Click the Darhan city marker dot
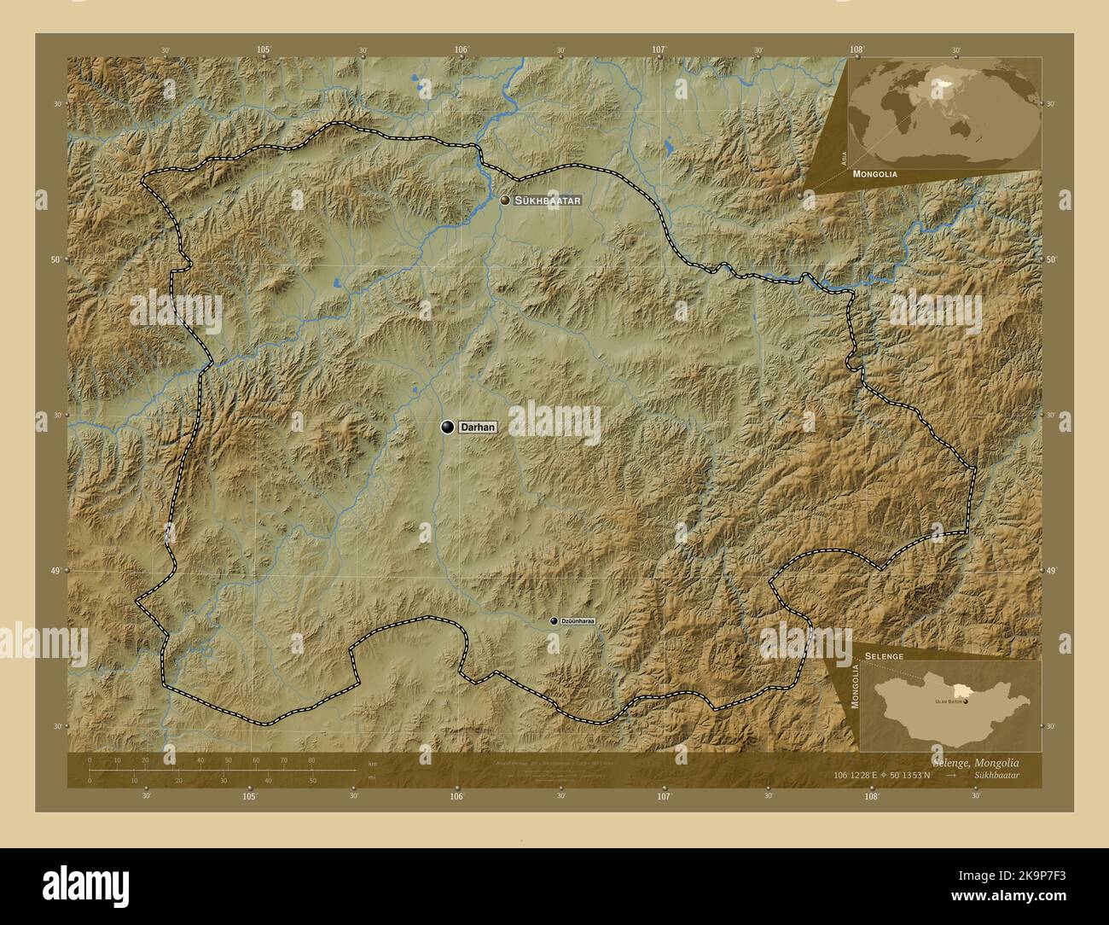pos(447,427)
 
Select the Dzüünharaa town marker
pos(554,621)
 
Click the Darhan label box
pos(478,427)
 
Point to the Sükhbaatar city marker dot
pos(506,200)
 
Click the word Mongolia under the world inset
pos(874,173)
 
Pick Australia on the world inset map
pos(967,128)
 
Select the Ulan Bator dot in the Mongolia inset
pos(966,701)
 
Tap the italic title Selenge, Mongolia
pos(971,761)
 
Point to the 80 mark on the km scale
pos(311,759)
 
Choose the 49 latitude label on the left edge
pos(55,571)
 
